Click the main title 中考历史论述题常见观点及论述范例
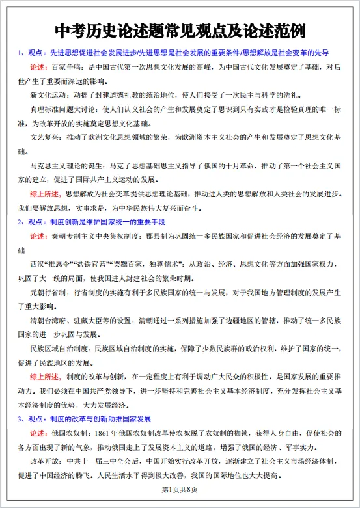click(180, 31)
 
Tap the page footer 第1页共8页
click(179, 489)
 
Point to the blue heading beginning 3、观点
click(85, 418)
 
